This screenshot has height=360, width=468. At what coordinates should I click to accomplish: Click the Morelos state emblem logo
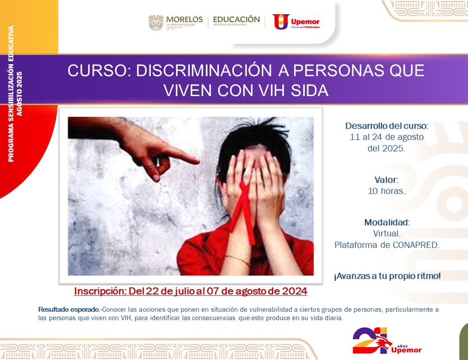tap(156, 23)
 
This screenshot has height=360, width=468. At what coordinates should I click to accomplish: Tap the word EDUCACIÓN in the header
tap(236, 19)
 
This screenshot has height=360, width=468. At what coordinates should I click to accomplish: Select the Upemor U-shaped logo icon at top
tap(281, 22)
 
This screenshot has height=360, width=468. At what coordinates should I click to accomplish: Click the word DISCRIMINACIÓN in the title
tap(204, 71)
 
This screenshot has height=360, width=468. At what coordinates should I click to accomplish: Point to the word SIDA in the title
tap(310, 90)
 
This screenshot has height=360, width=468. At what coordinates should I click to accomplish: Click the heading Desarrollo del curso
tap(387, 126)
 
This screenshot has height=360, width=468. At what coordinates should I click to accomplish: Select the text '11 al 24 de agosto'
tap(387, 137)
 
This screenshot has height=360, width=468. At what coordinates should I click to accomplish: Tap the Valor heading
tap(386, 180)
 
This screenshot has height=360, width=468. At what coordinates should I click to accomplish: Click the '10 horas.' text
tap(387, 191)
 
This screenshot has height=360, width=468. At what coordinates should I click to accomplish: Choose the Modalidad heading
tap(387, 222)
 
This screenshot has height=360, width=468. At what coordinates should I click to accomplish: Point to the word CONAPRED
tap(416, 245)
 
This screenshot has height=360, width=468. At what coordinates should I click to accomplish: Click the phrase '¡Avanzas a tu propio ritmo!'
tap(387, 276)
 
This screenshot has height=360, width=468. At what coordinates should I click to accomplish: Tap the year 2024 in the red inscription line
tap(295, 291)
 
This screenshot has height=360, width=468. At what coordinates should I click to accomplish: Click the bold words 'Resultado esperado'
tap(69, 310)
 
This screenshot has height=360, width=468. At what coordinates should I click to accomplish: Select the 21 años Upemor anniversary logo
tap(387, 341)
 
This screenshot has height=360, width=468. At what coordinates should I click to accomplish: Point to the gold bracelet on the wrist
tap(238, 260)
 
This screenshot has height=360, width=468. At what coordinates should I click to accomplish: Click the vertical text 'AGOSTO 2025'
tap(19, 93)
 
